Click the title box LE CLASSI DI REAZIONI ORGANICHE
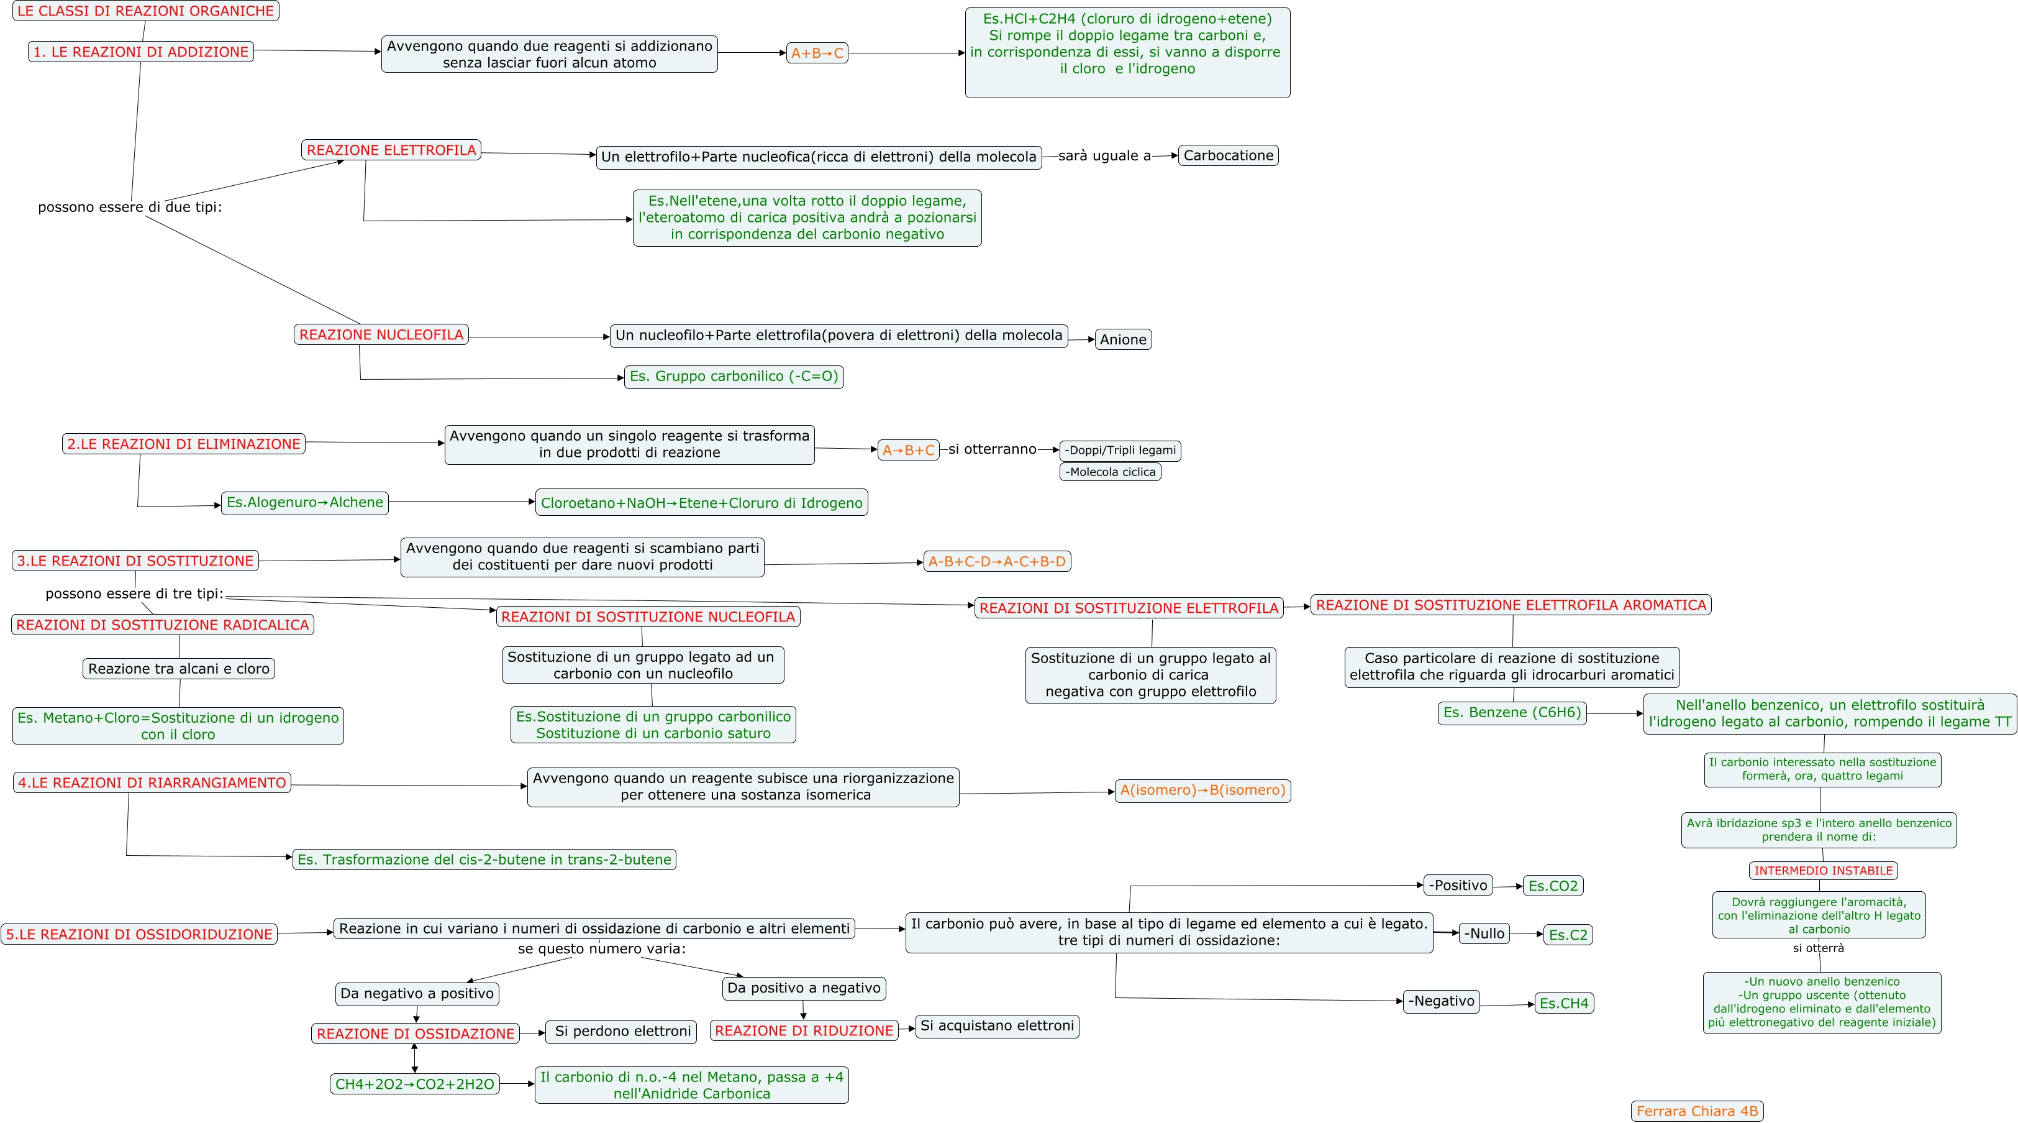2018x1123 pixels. click(x=146, y=11)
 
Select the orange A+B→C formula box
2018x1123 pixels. click(x=816, y=53)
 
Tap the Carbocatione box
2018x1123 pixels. click(x=1227, y=155)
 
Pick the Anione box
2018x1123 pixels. click(x=1122, y=339)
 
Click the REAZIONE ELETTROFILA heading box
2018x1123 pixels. click(x=391, y=150)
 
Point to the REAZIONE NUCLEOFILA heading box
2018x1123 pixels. click(x=381, y=334)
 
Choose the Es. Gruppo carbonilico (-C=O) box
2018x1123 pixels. click(x=734, y=376)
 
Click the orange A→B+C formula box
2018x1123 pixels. click(x=908, y=450)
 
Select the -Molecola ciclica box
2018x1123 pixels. click(x=1109, y=472)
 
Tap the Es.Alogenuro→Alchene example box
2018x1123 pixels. click(x=305, y=502)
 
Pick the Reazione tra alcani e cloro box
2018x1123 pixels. click(x=179, y=669)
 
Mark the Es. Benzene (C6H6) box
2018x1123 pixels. click(x=1512, y=712)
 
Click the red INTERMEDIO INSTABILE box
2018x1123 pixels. click(x=1823, y=871)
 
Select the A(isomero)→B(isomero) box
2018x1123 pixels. click(x=1202, y=790)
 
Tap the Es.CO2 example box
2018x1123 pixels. click(x=1553, y=886)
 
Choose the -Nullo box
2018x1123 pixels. click(x=1484, y=933)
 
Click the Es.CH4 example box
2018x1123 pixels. click(x=1563, y=1003)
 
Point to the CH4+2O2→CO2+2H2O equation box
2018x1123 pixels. click(x=414, y=1084)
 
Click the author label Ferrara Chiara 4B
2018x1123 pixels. click(x=1697, y=1111)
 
